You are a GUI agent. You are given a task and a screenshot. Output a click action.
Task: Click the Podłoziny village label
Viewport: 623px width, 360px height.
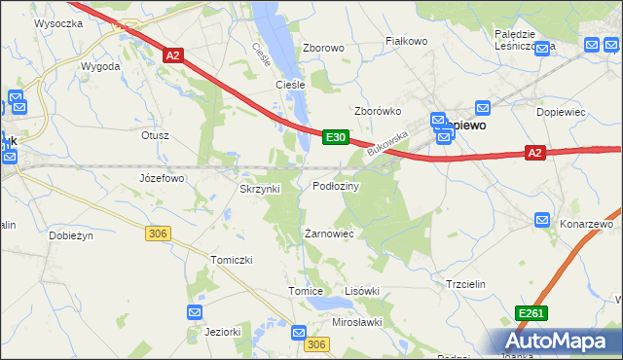[336, 186]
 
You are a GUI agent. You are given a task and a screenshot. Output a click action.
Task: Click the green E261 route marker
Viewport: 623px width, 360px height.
[531, 313]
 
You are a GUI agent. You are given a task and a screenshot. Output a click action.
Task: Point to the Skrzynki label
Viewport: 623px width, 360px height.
[260, 189]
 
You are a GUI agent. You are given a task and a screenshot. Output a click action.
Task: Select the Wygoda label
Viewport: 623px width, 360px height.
[101, 66]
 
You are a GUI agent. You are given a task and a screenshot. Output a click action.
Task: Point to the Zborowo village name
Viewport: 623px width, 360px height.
[324, 48]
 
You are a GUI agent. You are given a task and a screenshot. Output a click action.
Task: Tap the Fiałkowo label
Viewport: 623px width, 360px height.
[407, 41]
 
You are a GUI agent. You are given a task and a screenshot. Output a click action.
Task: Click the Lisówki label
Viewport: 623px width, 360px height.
[361, 291]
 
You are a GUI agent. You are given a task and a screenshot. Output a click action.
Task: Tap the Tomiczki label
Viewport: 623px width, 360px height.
[232, 260]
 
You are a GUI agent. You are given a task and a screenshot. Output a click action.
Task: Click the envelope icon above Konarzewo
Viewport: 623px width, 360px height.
[543, 222]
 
